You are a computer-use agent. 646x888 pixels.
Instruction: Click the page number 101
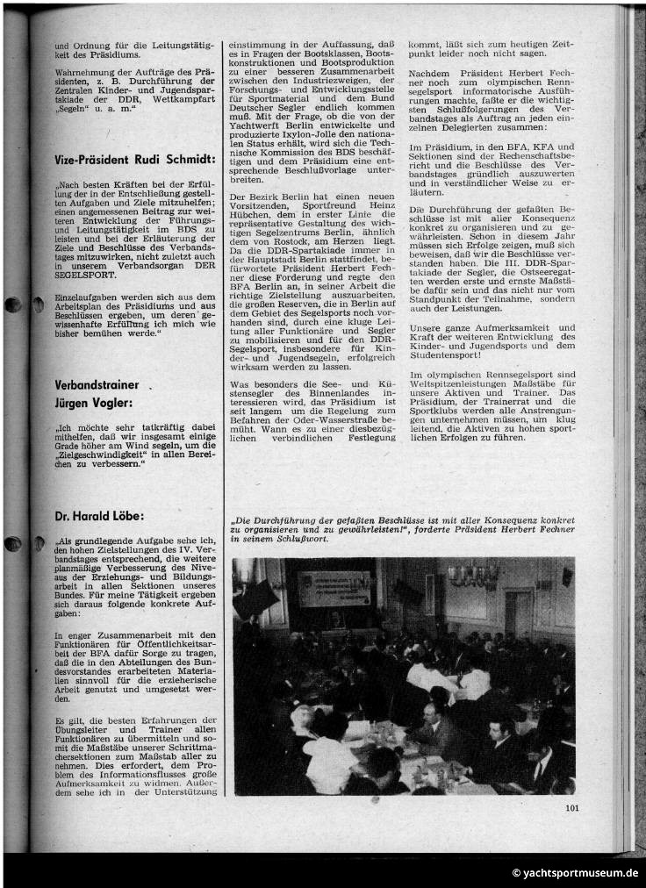(571, 808)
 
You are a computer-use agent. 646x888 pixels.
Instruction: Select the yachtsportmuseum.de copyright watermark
(575, 873)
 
